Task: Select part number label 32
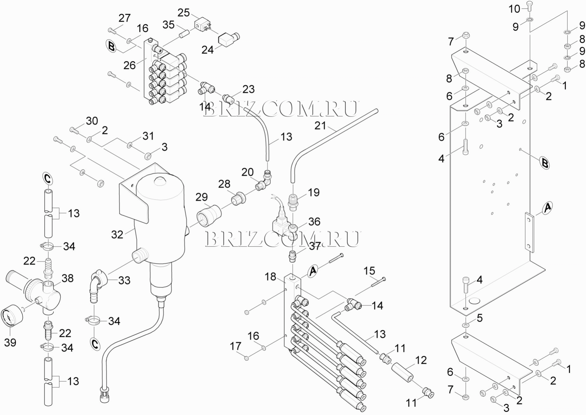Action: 117,235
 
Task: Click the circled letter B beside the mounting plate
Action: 545,164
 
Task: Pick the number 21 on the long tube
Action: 320,126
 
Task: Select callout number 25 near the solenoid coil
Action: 184,13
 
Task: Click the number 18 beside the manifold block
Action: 271,277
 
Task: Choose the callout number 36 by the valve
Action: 314,221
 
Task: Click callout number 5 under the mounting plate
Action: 480,318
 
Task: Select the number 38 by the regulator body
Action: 67,278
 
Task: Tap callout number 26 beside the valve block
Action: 130,65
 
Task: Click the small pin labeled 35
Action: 185,33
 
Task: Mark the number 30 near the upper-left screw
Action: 92,121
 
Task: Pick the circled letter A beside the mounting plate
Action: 547,208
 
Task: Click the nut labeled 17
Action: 247,358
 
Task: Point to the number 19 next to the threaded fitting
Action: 314,192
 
